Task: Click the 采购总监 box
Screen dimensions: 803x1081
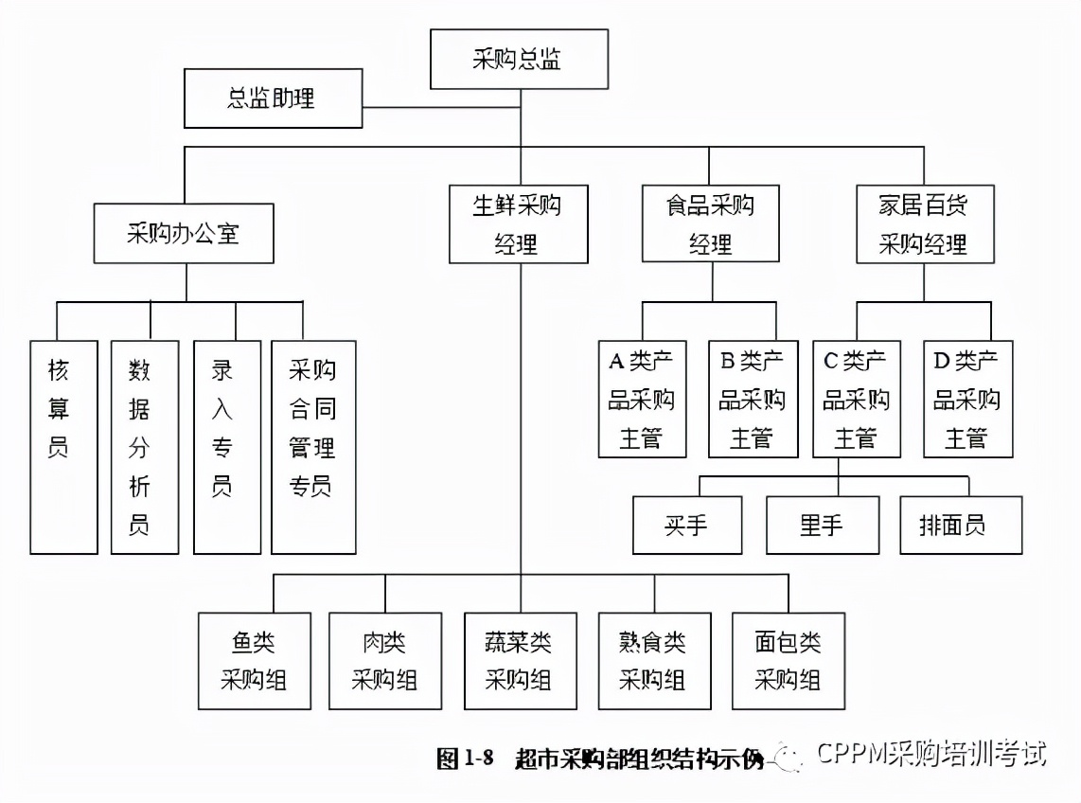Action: point(519,60)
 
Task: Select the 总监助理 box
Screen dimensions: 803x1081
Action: point(273,98)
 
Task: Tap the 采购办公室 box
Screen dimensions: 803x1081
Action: point(184,233)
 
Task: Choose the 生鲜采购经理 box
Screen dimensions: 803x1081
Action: point(517,223)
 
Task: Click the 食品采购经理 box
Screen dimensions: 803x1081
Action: point(710,223)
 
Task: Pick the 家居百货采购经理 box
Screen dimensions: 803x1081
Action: point(925,223)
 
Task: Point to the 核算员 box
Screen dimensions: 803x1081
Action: point(63,447)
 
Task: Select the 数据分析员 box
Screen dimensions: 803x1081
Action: point(144,447)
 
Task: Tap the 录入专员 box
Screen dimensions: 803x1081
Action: point(226,447)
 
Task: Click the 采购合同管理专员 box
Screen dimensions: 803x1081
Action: point(313,447)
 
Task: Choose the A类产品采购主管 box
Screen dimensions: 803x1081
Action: point(642,399)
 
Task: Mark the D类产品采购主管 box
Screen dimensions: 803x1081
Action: point(967,399)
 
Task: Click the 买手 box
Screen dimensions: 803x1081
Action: point(687,526)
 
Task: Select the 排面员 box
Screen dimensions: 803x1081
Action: point(961,526)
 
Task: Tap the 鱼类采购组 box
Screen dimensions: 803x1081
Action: point(254,661)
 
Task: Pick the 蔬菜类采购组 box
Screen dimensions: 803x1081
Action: point(520,661)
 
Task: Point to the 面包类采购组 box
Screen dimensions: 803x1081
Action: point(788,661)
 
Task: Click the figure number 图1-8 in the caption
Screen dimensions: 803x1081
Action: point(466,759)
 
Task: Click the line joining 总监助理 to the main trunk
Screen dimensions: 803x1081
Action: point(440,107)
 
